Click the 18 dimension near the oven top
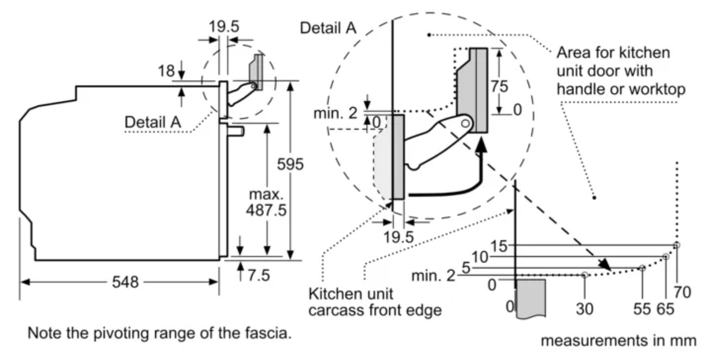[166, 71]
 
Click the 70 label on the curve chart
[684, 292]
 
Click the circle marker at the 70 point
[677, 245]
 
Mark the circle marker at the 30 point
[585, 274]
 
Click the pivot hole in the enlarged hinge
[467, 121]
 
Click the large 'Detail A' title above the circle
[328, 28]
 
